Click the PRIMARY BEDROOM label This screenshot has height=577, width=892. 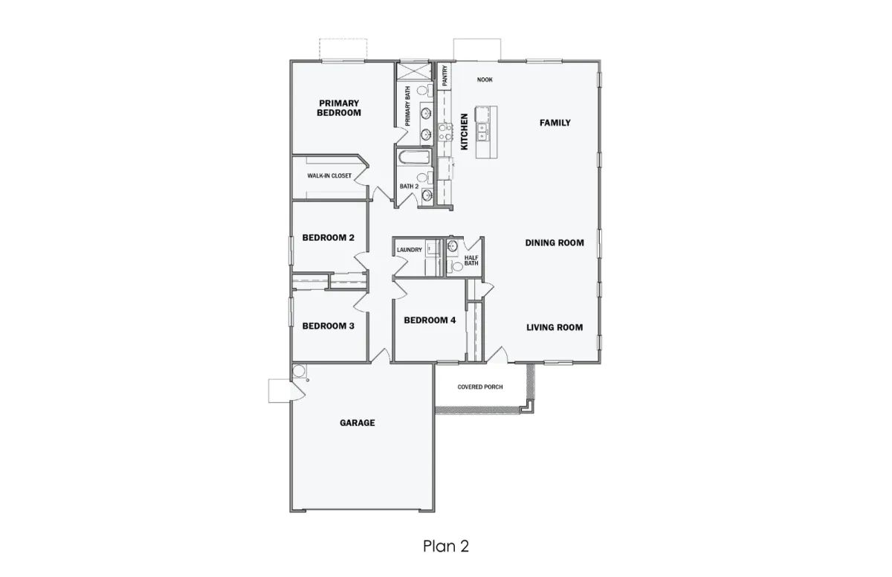tap(339, 108)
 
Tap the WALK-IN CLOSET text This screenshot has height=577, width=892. tap(329, 175)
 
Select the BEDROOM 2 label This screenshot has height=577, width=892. tap(328, 238)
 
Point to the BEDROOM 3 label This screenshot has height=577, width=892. tap(328, 326)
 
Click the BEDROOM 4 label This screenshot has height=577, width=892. tap(430, 320)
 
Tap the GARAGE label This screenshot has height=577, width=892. tap(358, 423)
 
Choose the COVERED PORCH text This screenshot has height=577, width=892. tap(480, 387)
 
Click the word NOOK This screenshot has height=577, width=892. tap(485, 80)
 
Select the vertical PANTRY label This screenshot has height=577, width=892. tap(445, 76)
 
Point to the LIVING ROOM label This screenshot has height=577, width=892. tap(555, 327)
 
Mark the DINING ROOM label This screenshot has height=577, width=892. tap(555, 242)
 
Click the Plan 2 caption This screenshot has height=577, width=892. tap(446, 546)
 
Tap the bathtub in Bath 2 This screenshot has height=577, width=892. tap(415, 157)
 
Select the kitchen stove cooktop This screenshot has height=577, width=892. tap(445, 132)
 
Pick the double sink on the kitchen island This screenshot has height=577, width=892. tap(482, 132)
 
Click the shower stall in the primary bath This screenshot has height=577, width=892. tap(414, 71)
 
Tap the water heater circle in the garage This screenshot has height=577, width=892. tap(298, 371)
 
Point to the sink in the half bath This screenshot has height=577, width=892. tap(453, 247)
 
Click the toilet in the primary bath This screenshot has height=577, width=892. tap(424, 91)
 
